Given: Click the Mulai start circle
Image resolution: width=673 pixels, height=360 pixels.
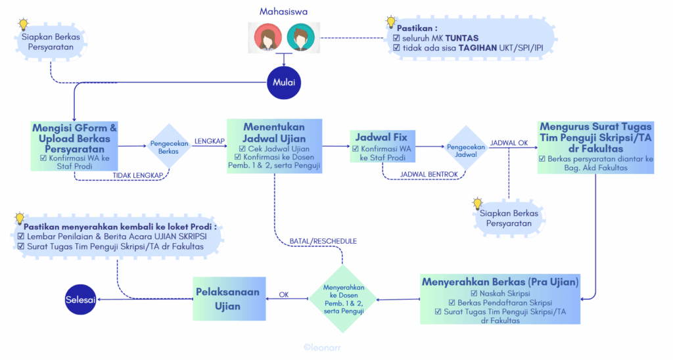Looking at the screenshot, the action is point(284,82).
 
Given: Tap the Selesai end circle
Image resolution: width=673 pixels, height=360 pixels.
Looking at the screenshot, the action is point(80,300).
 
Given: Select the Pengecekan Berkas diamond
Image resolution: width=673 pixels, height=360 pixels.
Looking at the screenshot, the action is point(169,146).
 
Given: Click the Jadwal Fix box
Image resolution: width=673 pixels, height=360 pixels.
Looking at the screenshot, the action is point(383,146).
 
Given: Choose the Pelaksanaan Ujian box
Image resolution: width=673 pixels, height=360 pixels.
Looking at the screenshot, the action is point(229,299).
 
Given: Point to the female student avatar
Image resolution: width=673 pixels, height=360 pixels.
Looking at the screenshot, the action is point(268,37).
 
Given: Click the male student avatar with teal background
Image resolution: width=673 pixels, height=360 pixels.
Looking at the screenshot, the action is point(300,37).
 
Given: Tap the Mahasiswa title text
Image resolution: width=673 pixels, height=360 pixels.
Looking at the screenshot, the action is point(283,12).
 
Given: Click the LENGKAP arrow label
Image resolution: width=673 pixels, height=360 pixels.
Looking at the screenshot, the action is point(210,141).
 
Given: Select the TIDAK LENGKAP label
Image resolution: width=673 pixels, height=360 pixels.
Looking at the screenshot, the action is point(138,175).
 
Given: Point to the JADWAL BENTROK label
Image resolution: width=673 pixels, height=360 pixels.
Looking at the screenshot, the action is point(429,175).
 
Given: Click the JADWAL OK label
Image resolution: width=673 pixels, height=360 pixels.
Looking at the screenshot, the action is point(509,143).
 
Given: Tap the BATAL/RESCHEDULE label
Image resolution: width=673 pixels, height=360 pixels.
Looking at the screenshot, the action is point(323,241).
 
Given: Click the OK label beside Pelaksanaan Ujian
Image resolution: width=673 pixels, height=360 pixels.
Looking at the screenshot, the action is point(284,295).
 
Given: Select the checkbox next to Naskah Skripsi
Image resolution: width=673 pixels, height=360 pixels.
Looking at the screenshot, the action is point(474,294).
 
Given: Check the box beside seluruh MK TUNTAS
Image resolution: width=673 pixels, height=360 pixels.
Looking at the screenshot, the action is point(396,37).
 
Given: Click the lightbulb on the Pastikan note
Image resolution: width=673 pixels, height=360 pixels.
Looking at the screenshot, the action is point(390,22).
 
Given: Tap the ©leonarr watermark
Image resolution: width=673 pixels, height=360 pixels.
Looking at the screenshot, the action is point(322,348).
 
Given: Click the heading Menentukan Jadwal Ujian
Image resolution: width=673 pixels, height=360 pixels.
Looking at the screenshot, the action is point(274,133).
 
